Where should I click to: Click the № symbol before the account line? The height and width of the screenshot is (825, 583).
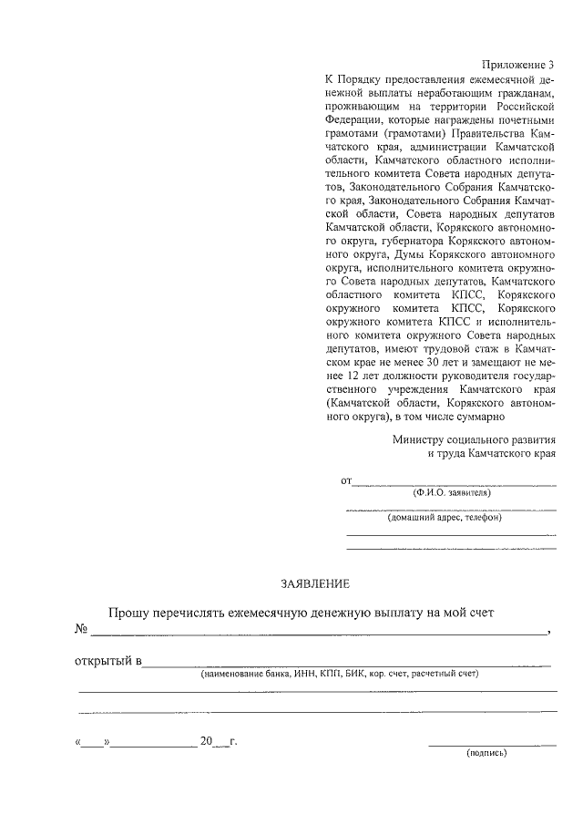pos(80,629)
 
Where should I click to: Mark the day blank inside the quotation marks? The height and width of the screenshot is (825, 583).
pos(92,742)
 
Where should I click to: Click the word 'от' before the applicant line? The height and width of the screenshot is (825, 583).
pos(346,480)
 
